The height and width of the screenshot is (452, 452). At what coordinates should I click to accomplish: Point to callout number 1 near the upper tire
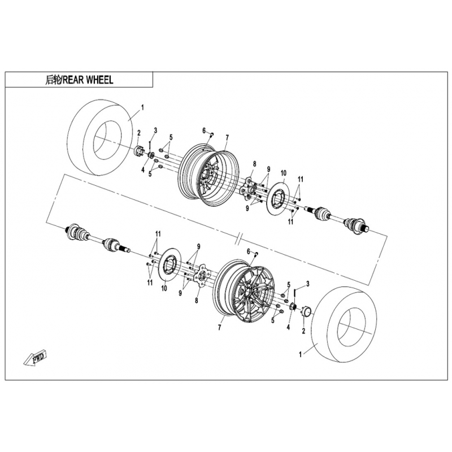[142, 107]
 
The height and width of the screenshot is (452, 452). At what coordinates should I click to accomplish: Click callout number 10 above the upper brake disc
[284, 173]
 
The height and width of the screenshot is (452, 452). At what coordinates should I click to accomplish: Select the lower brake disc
[170, 264]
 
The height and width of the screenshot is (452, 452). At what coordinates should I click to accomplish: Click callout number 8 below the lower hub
[197, 301]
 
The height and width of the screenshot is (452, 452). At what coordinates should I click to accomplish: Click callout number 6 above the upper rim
[204, 131]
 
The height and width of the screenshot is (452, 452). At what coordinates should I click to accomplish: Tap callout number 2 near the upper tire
[138, 133]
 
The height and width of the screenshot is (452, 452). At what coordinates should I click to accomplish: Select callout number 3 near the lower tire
[308, 284]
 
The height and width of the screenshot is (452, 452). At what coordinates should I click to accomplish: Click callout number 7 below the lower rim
[219, 328]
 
